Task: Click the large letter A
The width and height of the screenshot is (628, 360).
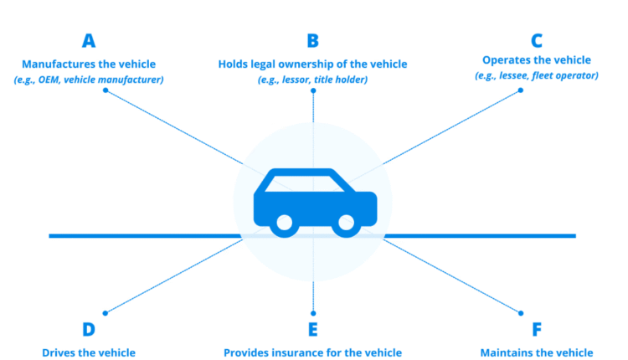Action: (88, 40)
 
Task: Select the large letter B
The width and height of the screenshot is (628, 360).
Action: (313, 40)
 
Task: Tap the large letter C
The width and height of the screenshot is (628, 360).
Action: (537, 40)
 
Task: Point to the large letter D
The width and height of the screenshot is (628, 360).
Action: (88, 328)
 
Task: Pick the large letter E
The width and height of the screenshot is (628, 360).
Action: (313, 328)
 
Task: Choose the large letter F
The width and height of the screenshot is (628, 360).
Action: (537, 328)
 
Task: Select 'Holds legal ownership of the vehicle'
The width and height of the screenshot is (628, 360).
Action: (313, 64)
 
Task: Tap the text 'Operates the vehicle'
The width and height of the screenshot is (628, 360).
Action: (537, 60)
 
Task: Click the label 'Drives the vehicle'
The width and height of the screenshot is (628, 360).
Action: (89, 352)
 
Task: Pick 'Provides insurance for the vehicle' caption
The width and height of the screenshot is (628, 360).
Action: (313, 352)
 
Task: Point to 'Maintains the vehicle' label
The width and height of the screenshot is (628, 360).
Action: (537, 352)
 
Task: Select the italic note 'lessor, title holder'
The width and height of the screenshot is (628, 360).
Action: (313, 79)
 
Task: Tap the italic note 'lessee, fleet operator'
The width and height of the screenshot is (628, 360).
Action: (537, 75)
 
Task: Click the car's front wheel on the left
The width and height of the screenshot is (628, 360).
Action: (285, 224)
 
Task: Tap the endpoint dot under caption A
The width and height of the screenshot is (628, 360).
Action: (105, 90)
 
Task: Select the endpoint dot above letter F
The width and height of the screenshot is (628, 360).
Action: (521, 313)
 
